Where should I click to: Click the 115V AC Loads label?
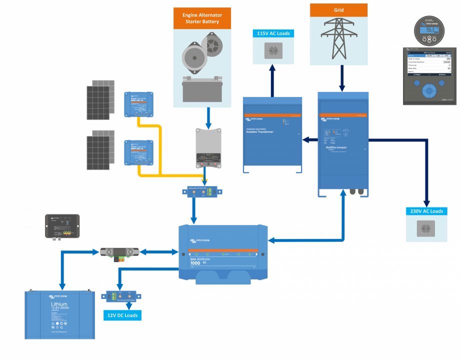point(273,33)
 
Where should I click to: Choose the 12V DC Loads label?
point(122,315)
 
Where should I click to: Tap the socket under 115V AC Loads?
point(273,50)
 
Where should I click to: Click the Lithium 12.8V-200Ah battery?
point(59,315)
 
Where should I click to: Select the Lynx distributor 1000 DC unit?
point(223,253)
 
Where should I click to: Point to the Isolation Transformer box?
point(272,134)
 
